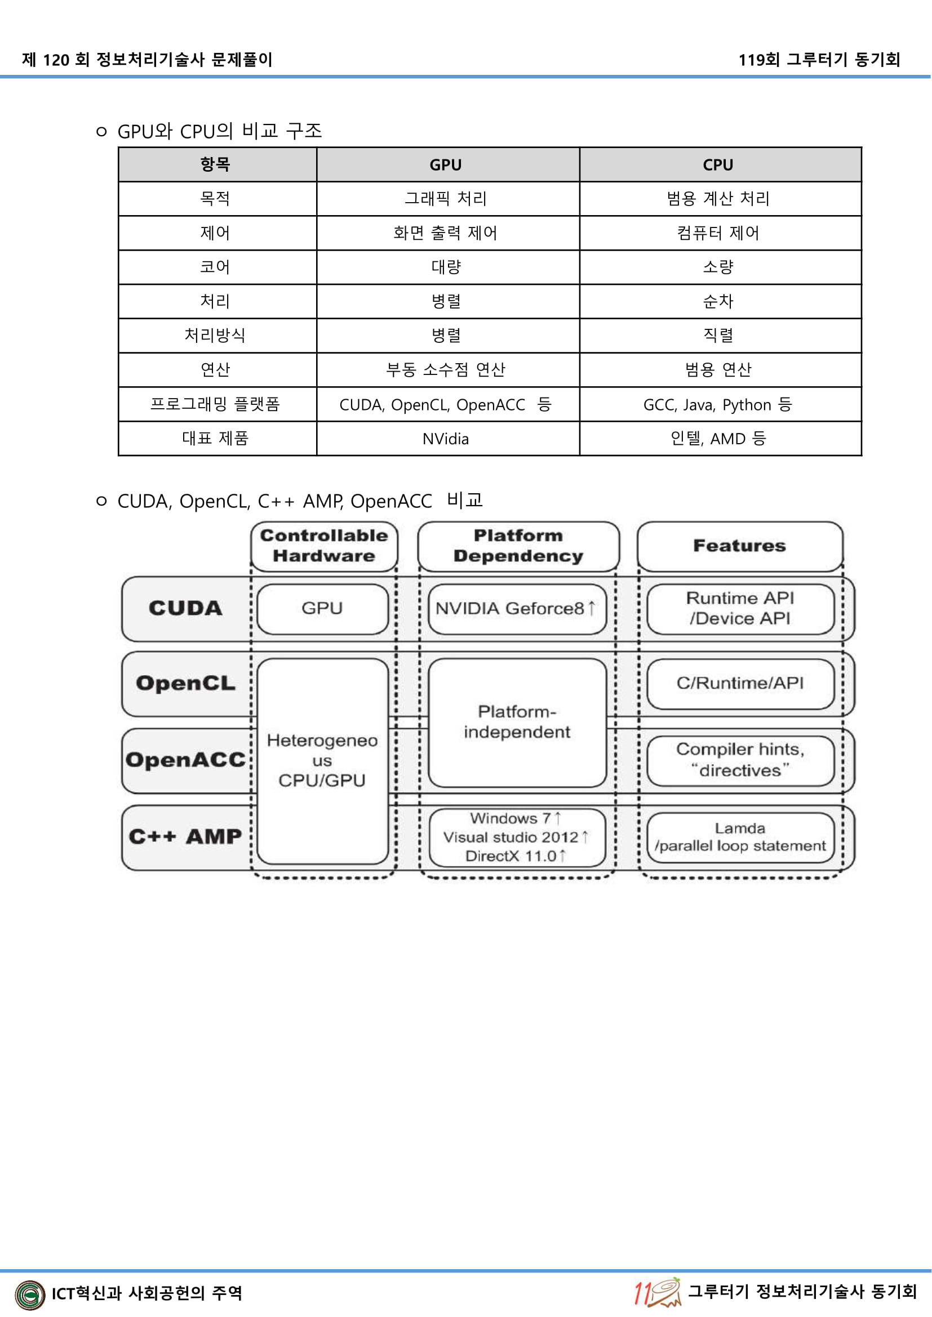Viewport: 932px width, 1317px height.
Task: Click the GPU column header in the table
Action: click(445, 164)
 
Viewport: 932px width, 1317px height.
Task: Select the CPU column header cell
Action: click(718, 164)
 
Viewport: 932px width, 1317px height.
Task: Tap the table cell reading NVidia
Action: click(445, 439)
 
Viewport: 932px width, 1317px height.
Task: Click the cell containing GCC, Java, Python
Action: click(718, 405)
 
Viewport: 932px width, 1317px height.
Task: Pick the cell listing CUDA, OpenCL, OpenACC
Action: click(445, 405)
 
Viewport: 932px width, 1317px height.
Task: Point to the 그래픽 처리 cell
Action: click(445, 198)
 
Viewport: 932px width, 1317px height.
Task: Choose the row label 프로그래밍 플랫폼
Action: click(215, 404)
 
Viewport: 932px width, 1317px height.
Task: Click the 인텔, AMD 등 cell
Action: click(718, 439)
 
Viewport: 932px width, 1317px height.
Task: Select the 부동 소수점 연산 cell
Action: click(445, 370)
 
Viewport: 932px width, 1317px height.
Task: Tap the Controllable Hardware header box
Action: click(323, 546)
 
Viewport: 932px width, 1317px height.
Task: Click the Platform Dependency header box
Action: click(518, 546)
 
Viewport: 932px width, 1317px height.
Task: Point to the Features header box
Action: click(739, 546)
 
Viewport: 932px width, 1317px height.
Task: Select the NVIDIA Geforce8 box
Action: click(517, 609)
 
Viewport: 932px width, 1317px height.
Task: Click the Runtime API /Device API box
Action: click(740, 609)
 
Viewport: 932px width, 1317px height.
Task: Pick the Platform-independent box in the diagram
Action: click(517, 722)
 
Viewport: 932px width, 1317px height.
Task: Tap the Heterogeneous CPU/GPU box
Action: click(322, 761)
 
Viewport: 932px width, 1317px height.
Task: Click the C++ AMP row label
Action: click(185, 837)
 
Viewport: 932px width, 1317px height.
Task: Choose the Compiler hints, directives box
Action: click(740, 760)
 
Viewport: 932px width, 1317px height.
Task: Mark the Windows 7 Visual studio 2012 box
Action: click(517, 837)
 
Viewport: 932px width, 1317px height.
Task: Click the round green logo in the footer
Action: click(30, 1294)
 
